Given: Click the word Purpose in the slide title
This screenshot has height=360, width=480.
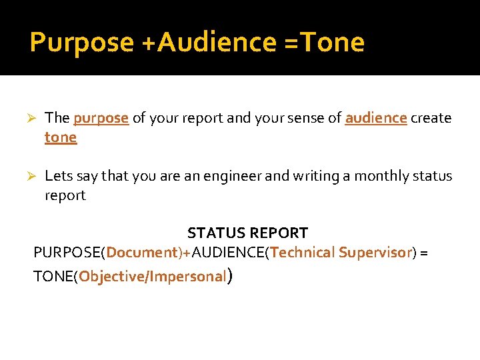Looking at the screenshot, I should click(81, 43).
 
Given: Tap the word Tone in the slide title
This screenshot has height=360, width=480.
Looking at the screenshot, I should click(332, 43).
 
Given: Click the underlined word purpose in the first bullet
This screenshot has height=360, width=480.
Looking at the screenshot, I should click(101, 119).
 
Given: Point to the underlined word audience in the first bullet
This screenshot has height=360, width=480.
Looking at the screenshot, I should click(375, 118).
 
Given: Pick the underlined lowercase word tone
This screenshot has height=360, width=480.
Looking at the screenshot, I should click(61, 137).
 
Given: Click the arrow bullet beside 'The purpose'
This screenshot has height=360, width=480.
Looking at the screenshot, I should click(30, 119).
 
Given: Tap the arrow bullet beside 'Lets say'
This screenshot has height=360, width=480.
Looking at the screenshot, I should click(30, 176).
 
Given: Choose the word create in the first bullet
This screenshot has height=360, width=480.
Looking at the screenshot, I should click(431, 118).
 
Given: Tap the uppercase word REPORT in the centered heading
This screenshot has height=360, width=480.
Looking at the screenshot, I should click(277, 233).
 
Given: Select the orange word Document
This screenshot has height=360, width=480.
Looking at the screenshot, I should click(140, 253).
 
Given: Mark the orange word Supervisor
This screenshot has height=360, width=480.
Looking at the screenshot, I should click(375, 253).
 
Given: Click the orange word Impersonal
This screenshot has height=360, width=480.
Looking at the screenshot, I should click(189, 277).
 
